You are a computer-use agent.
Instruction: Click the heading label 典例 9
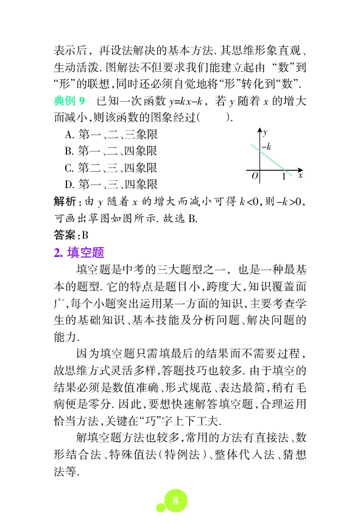pos(72,99)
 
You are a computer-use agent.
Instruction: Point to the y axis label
pos(266,131)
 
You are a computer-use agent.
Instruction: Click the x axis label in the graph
pos(300,175)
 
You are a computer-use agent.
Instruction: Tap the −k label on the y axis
pos(266,147)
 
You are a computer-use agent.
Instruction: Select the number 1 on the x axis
pos(284,177)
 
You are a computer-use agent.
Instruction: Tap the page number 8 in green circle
pos(175,501)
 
